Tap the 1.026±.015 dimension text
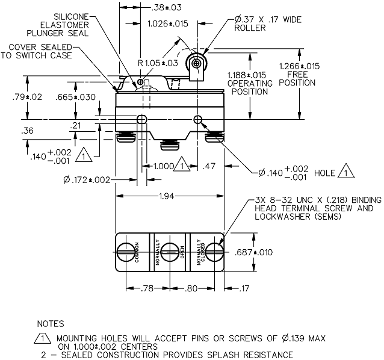(168, 23)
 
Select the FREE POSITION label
(300, 78)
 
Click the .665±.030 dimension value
(75, 97)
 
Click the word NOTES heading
(50, 323)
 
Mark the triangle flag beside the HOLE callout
(347, 173)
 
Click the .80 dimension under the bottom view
(191, 288)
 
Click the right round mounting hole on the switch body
(199, 119)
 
